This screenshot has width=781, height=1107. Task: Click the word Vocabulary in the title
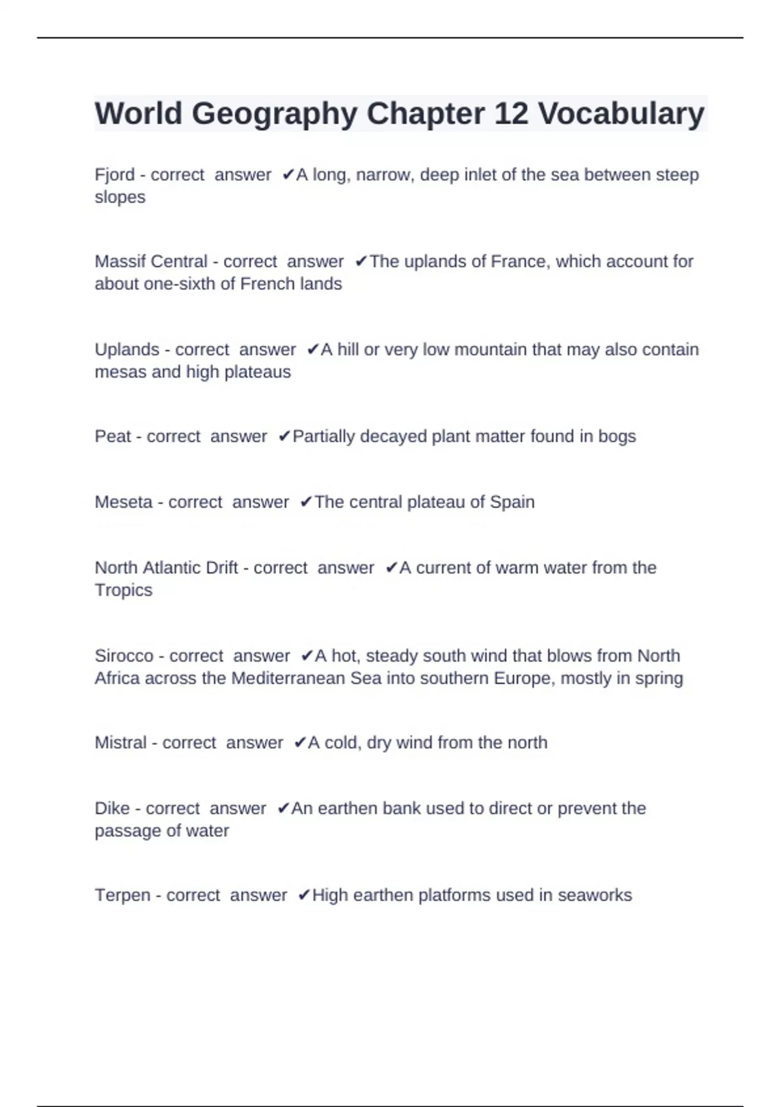coord(621,114)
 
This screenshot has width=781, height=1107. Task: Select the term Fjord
coord(115,175)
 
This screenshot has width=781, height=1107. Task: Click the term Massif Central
coord(151,262)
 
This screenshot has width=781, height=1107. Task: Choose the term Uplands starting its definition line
coord(127,350)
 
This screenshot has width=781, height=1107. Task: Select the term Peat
coord(113,436)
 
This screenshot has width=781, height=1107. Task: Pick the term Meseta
coord(124,502)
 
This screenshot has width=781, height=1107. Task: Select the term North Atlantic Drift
coord(166,568)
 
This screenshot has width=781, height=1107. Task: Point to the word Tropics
coord(123,590)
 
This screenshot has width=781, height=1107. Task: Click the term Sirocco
coord(124,656)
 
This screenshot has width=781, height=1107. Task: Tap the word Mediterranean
coord(288,678)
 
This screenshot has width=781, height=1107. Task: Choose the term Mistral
coord(120,743)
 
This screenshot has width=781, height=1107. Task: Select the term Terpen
coord(123,895)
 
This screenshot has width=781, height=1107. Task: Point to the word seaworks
coord(595,895)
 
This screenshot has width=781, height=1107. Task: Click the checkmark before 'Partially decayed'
coord(284,436)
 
